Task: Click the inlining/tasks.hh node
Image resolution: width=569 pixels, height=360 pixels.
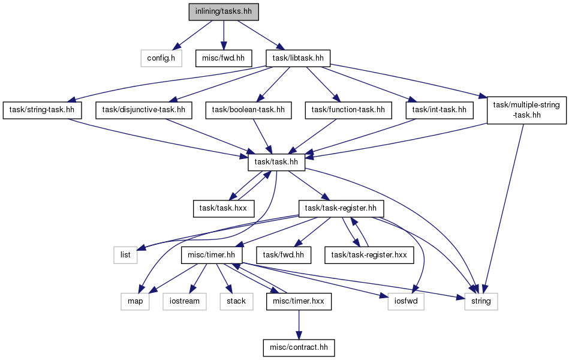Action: [224, 11]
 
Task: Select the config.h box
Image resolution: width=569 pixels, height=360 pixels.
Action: [161, 58]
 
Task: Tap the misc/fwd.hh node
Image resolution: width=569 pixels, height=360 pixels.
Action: [224, 58]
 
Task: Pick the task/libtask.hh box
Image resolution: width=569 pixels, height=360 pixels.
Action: [298, 58]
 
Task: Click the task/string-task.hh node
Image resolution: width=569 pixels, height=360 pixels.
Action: [42, 110]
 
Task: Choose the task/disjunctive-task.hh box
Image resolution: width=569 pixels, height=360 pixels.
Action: [144, 110]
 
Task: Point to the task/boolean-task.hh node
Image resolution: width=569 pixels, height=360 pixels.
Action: [248, 110]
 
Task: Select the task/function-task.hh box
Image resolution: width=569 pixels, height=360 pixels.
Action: [348, 110]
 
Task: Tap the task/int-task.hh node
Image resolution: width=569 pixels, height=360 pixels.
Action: [439, 110]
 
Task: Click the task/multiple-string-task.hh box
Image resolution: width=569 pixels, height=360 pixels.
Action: [526, 110]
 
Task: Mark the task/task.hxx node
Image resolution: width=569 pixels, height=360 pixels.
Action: [223, 209]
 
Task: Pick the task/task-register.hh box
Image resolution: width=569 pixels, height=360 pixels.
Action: [341, 209]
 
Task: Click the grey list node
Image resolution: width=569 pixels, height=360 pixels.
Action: [125, 255]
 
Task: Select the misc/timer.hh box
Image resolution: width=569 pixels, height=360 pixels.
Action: [212, 255]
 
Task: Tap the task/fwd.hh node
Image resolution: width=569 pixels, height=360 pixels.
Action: [284, 255]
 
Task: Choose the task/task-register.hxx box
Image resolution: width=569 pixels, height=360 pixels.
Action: [369, 255]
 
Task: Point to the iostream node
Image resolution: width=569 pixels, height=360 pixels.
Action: [184, 302]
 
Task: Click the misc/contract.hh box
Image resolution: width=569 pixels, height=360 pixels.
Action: [299, 347]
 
